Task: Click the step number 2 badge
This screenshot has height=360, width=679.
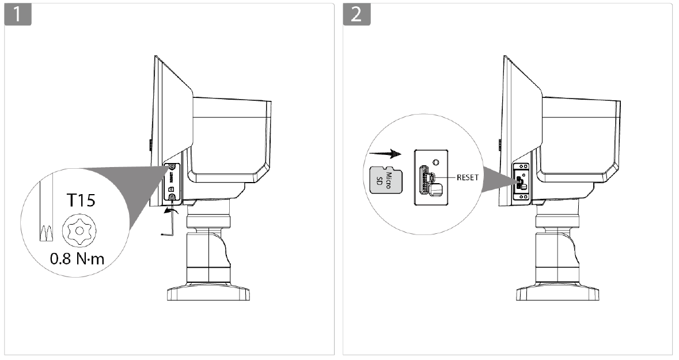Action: pos(357,14)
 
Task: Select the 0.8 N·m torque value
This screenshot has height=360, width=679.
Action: pos(78,259)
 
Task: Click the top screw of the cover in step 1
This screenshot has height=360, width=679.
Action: pos(173,168)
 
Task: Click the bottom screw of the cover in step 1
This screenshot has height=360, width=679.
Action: pos(173,198)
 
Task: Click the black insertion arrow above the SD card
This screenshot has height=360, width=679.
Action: pos(385,154)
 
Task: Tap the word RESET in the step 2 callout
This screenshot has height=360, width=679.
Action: pos(467,177)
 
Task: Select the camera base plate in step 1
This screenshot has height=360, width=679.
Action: pos(209,294)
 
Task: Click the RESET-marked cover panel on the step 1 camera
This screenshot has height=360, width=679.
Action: pos(173,183)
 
